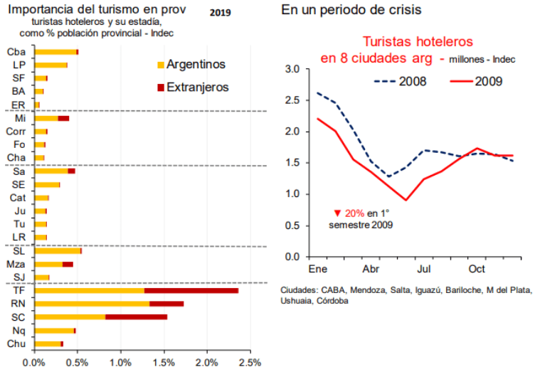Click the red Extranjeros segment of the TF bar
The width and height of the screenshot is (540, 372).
191,290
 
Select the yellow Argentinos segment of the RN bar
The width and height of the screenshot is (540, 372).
92,304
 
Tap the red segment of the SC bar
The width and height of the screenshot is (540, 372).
136,317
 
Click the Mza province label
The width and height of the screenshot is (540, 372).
16,264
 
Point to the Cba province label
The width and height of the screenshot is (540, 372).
16,52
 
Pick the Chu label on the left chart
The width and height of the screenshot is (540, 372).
16,344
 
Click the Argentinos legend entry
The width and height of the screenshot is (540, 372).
196,65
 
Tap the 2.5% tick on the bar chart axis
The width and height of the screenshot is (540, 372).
250,362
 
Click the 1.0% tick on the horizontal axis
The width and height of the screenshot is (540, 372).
121,362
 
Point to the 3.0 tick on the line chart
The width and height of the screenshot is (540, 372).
292,69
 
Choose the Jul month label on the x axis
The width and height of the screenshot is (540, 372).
423,270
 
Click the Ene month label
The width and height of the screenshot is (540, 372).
317,270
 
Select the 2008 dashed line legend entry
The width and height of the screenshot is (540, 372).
411,81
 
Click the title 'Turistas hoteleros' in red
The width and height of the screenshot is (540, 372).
418,43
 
